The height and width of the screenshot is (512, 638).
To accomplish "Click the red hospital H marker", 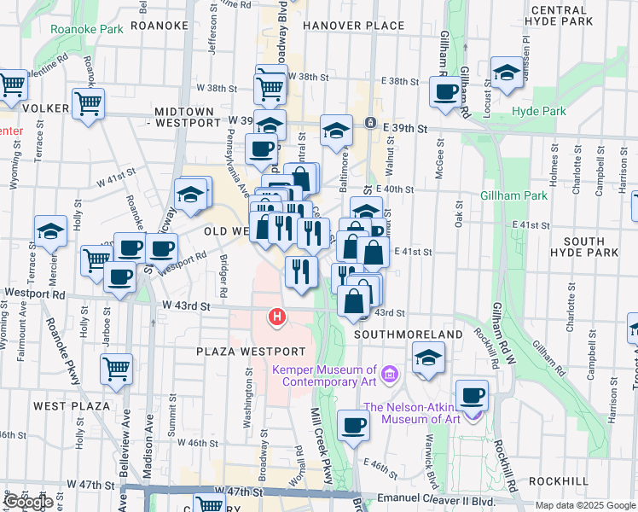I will (x=276, y=317).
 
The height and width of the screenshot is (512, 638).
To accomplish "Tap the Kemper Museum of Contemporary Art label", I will (x=324, y=375).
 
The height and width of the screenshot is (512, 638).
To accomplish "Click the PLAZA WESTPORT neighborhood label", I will (x=250, y=352).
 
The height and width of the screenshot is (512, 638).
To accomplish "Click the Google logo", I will (x=28, y=502).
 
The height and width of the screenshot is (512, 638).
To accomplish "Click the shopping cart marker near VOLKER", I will (x=89, y=105).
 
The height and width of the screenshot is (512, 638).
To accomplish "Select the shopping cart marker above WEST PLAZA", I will (x=116, y=370).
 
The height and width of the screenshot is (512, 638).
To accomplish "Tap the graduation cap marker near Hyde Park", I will (x=507, y=73).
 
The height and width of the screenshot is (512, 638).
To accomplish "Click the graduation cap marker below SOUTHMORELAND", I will (x=427, y=358).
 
